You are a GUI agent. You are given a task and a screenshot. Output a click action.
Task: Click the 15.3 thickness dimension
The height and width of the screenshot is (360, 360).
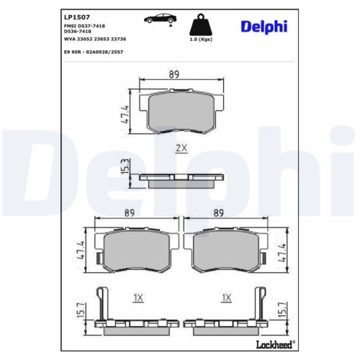coord(125,167)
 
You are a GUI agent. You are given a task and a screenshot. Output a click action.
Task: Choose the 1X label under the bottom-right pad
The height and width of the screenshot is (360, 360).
coord(227,297)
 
